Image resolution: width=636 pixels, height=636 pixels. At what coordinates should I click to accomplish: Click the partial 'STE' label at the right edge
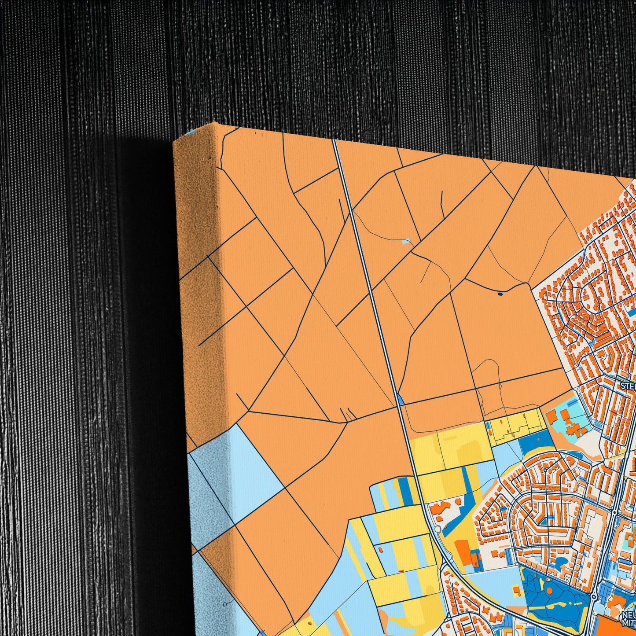[628, 386]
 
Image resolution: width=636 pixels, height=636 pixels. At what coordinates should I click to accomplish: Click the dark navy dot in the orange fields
[500, 294]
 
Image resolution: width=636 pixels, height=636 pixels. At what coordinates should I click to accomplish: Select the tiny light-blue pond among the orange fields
[406, 241]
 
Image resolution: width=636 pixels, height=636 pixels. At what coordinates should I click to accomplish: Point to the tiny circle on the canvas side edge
[225, 604]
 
